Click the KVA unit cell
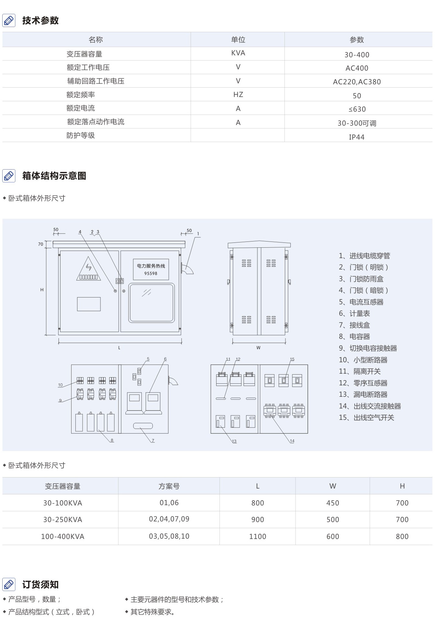(x=238, y=53)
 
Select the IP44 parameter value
(x=357, y=137)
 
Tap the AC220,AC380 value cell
(x=357, y=82)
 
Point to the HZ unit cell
(x=238, y=94)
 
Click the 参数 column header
(x=357, y=40)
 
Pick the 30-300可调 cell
(x=357, y=123)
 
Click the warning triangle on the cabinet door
(x=88, y=269)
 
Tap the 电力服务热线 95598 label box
(x=151, y=269)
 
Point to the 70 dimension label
(x=41, y=244)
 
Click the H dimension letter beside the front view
(x=42, y=290)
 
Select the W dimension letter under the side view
(x=258, y=348)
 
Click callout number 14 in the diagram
(x=292, y=441)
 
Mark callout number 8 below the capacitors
(x=112, y=440)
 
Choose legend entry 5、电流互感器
(x=361, y=302)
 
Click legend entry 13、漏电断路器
(x=363, y=394)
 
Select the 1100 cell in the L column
(x=257, y=536)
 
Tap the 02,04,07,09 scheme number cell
(x=169, y=519)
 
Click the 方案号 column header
(x=169, y=486)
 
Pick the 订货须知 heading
(x=40, y=585)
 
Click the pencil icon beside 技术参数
(x=9, y=21)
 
